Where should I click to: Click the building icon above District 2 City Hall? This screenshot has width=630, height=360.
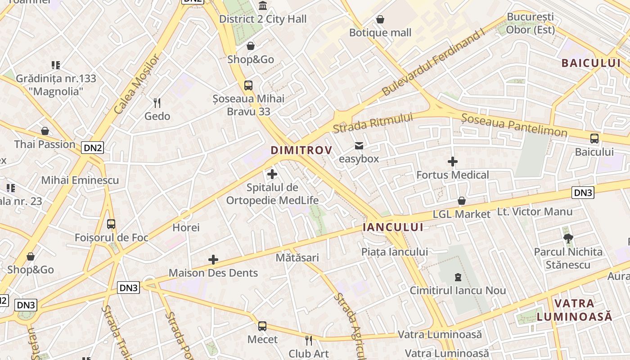click(262, 6)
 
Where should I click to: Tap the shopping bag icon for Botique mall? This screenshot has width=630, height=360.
click(380, 19)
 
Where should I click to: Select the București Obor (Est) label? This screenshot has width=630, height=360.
click(531, 23)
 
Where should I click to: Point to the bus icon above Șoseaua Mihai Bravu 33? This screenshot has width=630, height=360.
click(248, 85)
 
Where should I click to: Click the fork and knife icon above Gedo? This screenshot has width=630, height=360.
click(157, 103)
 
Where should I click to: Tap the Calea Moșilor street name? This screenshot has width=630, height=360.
click(137, 84)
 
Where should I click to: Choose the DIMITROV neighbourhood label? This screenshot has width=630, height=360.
click(301, 150)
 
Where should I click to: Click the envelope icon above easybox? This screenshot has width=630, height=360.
click(359, 145)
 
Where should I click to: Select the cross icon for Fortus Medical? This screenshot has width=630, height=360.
click(453, 162)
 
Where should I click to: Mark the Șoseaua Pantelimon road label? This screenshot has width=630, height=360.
click(514, 125)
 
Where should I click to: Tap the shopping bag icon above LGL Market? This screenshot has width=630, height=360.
click(462, 201)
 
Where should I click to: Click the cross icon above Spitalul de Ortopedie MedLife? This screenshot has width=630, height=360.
click(272, 174)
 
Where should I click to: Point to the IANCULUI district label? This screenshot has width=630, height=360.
click(393, 227)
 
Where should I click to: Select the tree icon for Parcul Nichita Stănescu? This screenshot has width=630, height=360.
click(568, 238)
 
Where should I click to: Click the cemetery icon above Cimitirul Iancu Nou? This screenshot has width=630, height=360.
click(458, 277)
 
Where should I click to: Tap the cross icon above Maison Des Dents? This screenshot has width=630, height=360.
click(213, 260)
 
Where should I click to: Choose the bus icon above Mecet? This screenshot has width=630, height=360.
click(262, 326)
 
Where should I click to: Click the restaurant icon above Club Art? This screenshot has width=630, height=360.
click(309, 340)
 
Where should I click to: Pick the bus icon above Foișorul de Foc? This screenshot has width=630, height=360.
click(111, 224)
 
